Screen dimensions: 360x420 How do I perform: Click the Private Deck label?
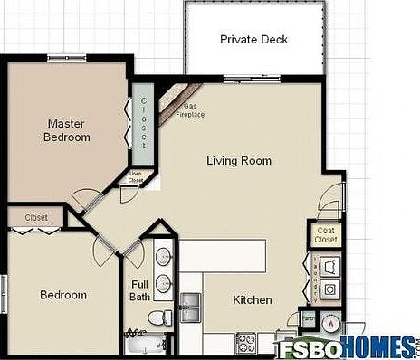[253, 40]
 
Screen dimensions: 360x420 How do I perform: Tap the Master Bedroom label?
[68, 130]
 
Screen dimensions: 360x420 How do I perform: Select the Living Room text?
[239, 161]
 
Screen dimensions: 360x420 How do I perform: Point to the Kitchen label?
[253, 299]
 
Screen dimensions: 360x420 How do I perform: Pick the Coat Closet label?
[326, 234]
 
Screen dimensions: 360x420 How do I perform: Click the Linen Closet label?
[136, 177]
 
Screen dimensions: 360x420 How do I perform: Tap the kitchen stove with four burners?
[247, 343]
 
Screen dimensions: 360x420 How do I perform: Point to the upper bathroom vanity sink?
[164, 257]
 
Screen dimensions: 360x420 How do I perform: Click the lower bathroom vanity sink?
[164, 284]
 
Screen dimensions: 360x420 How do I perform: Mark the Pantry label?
[308, 319]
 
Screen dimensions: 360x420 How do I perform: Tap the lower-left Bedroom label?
[63, 295]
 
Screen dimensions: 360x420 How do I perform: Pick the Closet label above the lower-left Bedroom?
[36, 217]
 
